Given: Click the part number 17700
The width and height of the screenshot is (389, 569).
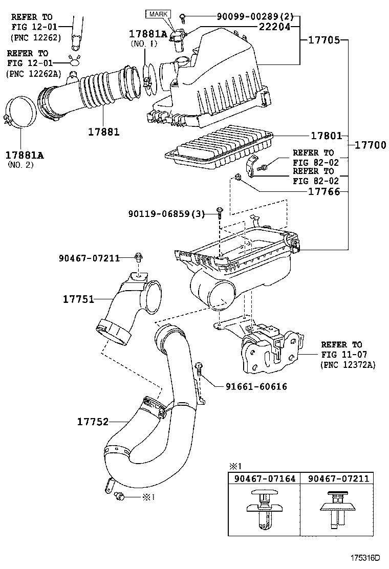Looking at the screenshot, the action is [x=370, y=145].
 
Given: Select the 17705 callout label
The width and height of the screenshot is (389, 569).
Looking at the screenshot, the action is [x=324, y=40].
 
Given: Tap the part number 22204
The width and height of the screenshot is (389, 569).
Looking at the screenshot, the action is [x=274, y=27].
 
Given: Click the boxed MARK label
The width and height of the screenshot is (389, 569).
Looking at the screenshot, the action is [x=158, y=14].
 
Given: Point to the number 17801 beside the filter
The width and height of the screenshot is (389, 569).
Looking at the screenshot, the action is [x=327, y=136].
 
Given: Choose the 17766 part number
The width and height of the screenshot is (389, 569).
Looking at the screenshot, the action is [x=324, y=191].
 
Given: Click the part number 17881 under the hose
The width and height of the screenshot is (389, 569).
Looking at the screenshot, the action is [x=104, y=132].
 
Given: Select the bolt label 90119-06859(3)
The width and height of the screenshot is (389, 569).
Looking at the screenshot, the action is [x=166, y=214].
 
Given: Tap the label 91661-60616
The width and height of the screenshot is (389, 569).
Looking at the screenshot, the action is [x=256, y=386].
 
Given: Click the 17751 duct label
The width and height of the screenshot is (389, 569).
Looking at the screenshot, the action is [x=79, y=299].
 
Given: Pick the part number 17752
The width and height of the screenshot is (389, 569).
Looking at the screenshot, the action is [x=93, y=422].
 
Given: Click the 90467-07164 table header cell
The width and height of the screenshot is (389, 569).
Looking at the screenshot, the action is [x=265, y=478].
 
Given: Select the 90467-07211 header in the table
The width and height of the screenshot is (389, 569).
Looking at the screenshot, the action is [x=338, y=478].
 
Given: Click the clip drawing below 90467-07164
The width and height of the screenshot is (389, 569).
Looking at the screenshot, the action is [x=262, y=510].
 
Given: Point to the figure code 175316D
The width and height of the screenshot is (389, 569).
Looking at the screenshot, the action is [x=365, y=558].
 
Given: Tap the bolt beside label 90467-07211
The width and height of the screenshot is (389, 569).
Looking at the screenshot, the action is [x=138, y=257].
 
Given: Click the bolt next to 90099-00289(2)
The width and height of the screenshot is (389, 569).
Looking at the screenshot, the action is [x=183, y=16].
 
